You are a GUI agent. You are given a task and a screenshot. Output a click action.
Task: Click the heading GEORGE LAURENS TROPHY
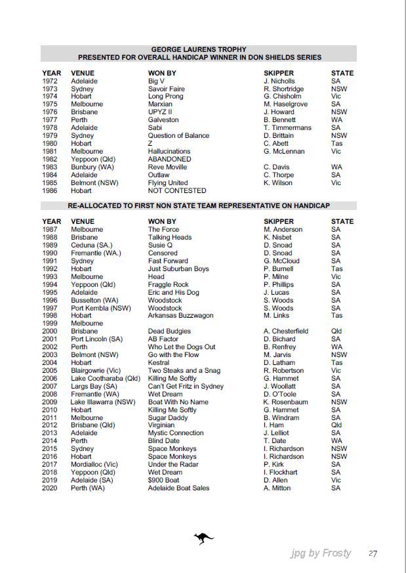click(199, 49)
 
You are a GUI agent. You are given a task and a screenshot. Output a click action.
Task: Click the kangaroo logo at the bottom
click(203, 539)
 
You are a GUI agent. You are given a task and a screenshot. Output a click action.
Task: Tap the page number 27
click(373, 554)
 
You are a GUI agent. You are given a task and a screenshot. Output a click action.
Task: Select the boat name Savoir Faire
click(167, 89)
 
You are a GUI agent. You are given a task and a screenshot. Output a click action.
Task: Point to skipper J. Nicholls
click(279, 81)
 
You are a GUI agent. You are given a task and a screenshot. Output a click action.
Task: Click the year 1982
click(50, 159)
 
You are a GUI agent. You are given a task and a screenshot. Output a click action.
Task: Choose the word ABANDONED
click(170, 159)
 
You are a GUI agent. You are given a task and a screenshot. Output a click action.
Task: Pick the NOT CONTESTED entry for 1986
click(177, 191)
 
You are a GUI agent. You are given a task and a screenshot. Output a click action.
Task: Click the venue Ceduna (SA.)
click(91, 245)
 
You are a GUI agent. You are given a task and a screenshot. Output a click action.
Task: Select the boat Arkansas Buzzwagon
click(180, 316)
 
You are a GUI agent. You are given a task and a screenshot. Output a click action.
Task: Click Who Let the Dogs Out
click(182, 347)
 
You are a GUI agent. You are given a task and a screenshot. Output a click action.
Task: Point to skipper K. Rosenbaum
click(285, 402)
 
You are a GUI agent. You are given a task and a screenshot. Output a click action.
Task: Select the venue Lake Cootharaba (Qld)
click(106, 379)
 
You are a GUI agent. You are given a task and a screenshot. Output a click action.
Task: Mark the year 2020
click(50, 488)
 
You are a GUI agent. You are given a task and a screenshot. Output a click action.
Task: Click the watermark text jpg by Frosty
click(321, 553)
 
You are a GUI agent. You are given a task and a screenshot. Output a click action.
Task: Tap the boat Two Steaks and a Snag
click(184, 371)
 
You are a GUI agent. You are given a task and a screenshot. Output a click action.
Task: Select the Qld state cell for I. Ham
click(336, 425)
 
